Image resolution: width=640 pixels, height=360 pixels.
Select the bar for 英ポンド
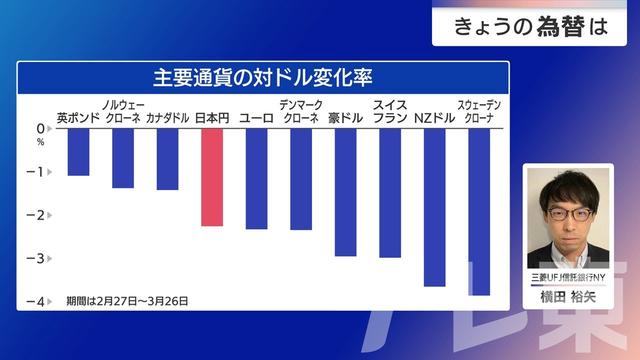point(78,151)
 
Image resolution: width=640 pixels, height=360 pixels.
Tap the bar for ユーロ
point(257,178)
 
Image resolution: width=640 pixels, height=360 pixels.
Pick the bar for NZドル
point(435,207)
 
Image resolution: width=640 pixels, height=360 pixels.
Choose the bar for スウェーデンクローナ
point(479,211)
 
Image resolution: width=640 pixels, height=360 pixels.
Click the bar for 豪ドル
point(346,191)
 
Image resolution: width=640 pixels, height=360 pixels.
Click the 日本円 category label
point(212,118)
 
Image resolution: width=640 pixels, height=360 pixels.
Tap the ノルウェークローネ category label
point(123,111)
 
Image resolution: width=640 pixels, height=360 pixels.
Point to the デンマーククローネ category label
point(301,111)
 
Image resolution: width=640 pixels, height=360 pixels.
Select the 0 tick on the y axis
point(41,129)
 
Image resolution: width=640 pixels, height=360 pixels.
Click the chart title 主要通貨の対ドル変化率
point(263,76)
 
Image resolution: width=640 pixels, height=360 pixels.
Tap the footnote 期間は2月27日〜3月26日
point(127,300)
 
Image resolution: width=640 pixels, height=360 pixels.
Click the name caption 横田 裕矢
point(568,295)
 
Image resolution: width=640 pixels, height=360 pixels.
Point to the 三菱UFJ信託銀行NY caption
point(568,275)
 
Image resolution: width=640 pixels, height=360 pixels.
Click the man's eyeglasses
point(568,213)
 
